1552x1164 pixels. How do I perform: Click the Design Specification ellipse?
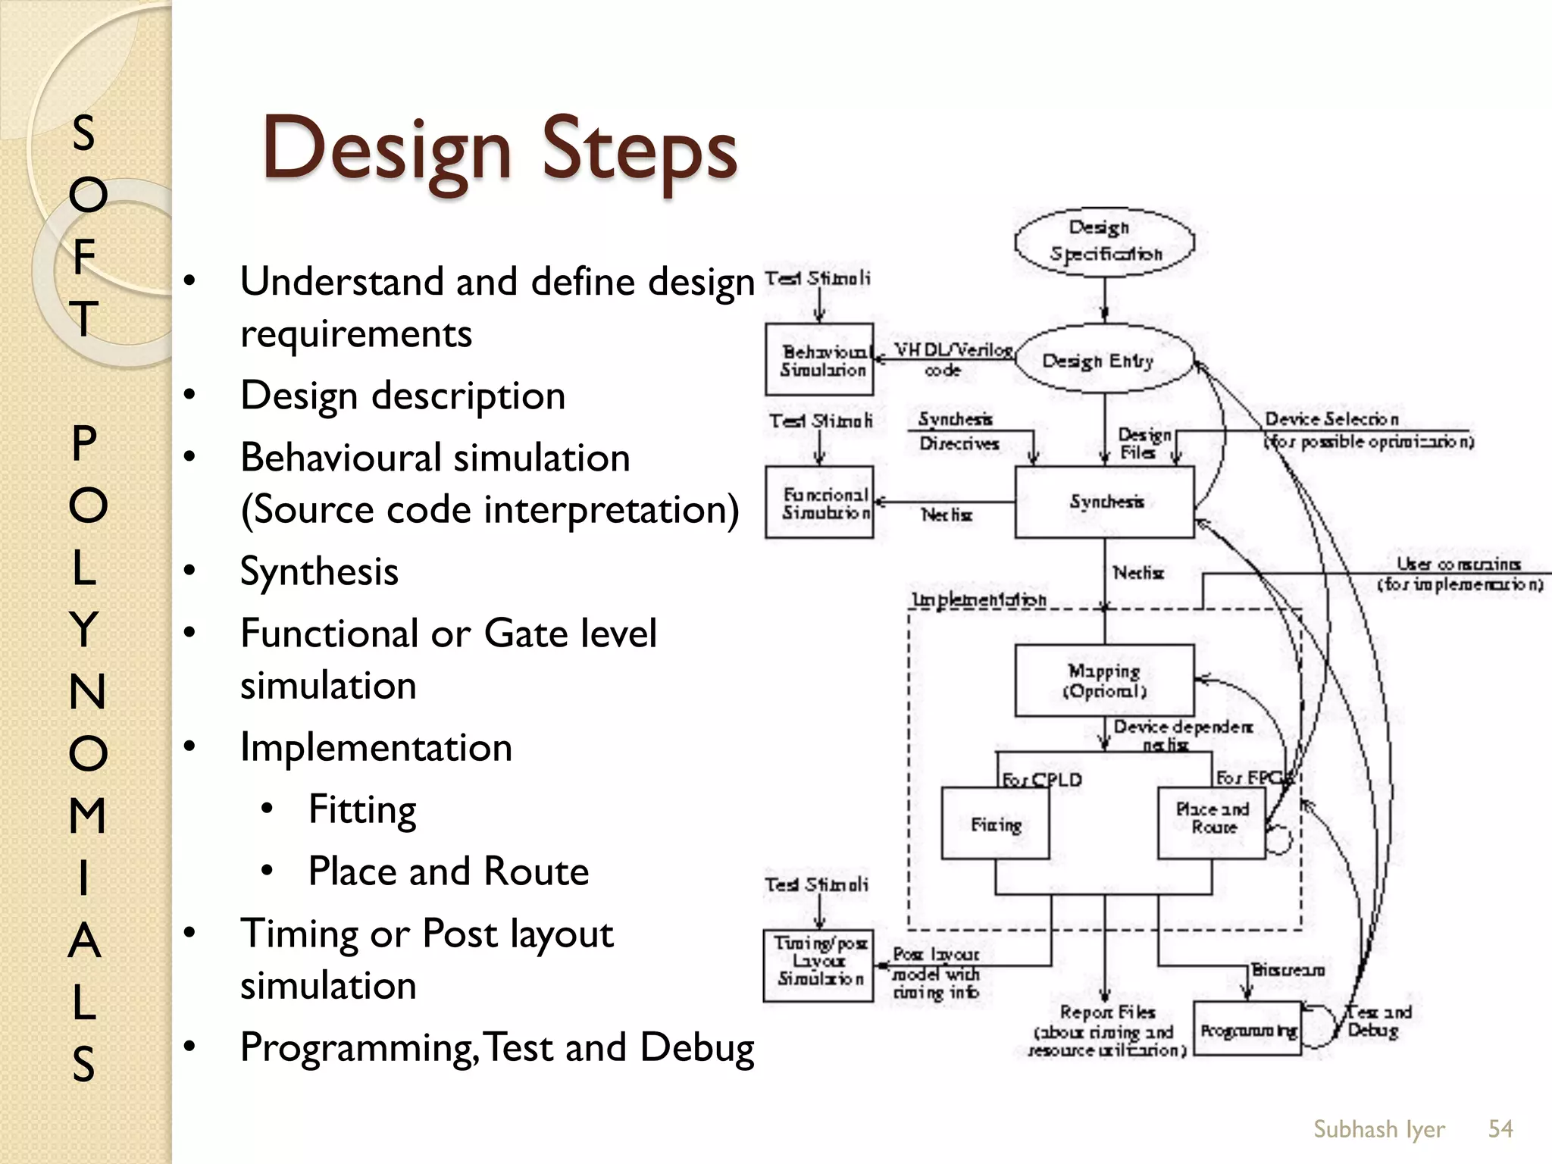[x=1104, y=242]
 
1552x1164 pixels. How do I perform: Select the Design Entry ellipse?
[x=1104, y=360]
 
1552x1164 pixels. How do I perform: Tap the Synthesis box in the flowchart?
[x=1104, y=502]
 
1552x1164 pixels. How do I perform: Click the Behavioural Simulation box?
[x=819, y=360]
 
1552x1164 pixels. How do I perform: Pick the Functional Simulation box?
[x=819, y=502]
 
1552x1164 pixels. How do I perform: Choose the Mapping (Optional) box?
[x=1104, y=681]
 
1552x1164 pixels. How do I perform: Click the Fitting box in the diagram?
[x=995, y=823]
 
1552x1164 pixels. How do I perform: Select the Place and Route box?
[x=1212, y=822]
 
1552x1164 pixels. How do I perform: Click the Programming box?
[x=1247, y=1028]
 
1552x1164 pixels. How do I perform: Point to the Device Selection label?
[x=1331, y=419]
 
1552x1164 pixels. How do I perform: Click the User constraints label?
[x=1458, y=564]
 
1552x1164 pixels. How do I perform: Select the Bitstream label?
[x=1288, y=970]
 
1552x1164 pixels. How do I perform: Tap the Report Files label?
[x=1107, y=1012]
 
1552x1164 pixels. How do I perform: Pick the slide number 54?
[x=1500, y=1128]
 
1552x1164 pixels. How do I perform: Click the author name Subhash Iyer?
[x=1378, y=1129]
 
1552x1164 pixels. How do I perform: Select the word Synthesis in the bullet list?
[x=319, y=571]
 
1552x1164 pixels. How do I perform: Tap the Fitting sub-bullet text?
[x=362, y=809]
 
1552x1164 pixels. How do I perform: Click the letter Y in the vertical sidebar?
[x=85, y=628]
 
